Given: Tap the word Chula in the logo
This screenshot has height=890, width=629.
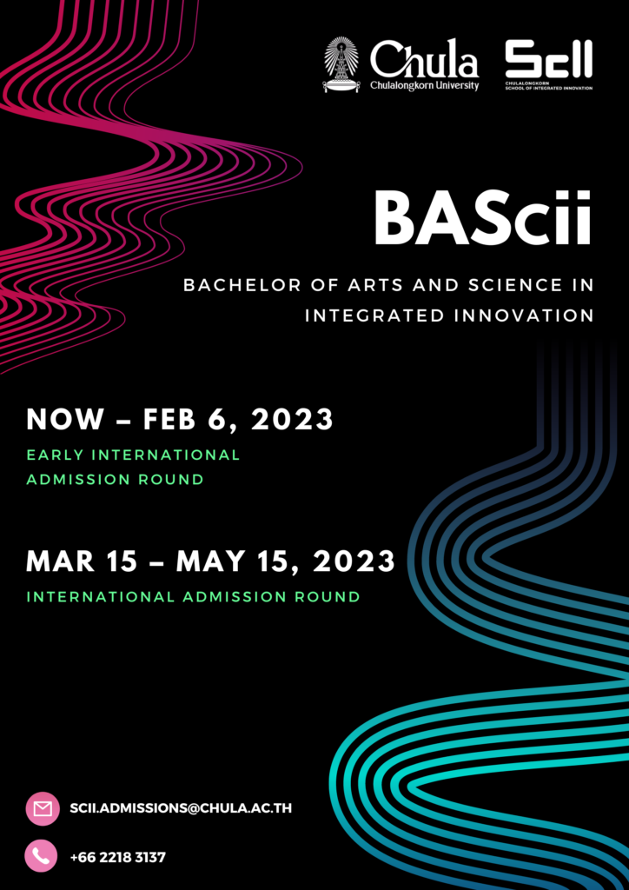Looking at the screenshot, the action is pyautogui.click(x=425, y=60).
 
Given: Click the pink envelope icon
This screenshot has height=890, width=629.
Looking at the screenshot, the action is pyautogui.click(x=43, y=808).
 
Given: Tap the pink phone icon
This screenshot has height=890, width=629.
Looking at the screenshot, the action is pyautogui.click(x=42, y=856).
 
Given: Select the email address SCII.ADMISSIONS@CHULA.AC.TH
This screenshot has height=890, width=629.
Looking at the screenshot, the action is pyautogui.click(x=182, y=808).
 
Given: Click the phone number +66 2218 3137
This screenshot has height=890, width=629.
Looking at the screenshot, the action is pyautogui.click(x=118, y=857).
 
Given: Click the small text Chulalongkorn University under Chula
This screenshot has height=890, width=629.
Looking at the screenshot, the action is pyautogui.click(x=425, y=86).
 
